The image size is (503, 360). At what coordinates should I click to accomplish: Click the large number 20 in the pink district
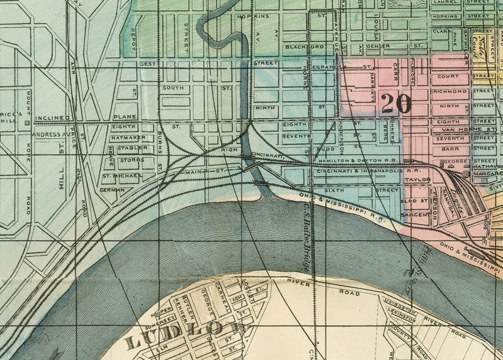(x=396, y=102)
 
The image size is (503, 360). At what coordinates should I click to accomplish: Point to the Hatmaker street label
(x=128, y=137)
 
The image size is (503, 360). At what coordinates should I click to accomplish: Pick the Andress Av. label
(x=50, y=134)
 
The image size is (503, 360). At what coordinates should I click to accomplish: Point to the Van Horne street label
(x=451, y=129)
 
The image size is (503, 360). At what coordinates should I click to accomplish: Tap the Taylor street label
(x=417, y=179)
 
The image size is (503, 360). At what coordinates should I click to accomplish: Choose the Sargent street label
(x=416, y=214)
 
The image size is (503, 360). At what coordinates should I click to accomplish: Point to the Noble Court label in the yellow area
(x=485, y=47)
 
